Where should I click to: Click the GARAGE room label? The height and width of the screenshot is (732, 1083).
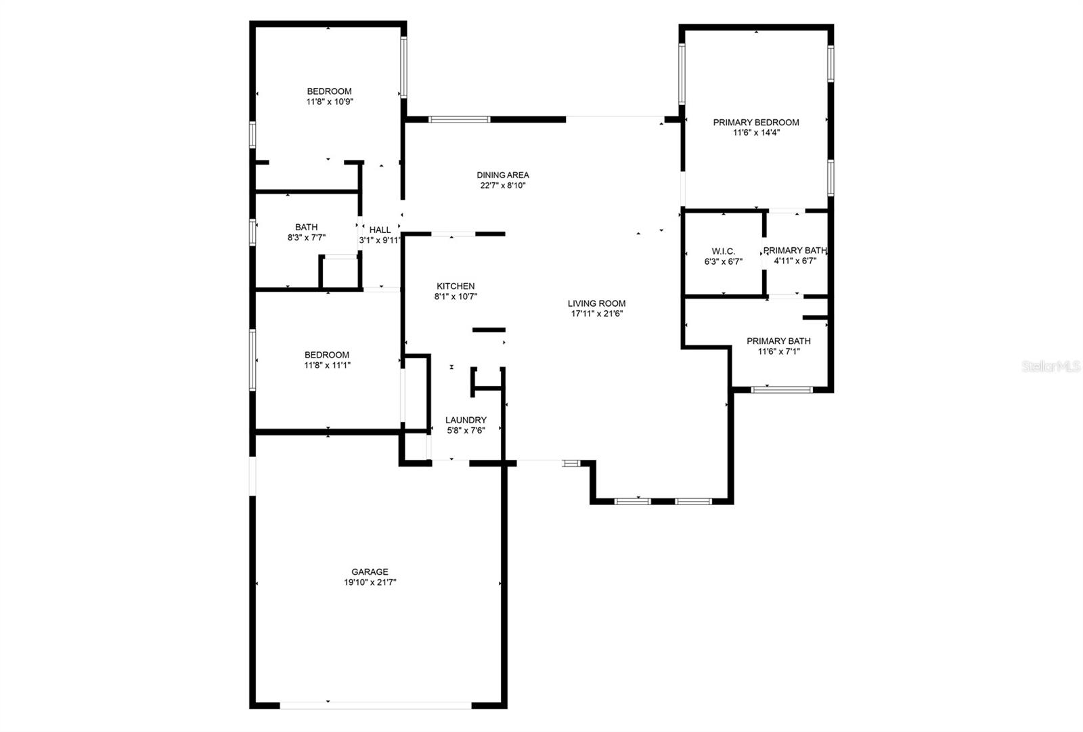pyautogui.click(x=370, y=572)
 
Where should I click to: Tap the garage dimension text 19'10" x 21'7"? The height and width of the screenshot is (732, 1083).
pyautogui.click(x=370, y=582)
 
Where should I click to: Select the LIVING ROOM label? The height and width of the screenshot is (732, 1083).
pyautogui.click(x=596, y=303)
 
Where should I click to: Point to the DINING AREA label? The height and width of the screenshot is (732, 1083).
pyautogui.click(x=502, y=175)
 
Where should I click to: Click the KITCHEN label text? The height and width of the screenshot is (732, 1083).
pyautogui.click(x=455, y=286)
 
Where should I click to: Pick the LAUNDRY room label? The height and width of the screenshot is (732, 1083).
pyautogui.click(x=466, y=420)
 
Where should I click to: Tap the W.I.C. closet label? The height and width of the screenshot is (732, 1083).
pyautogui.click(x=723, y=251)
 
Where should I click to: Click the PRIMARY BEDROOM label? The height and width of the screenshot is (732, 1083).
pyautogui.click(x=755, y=122)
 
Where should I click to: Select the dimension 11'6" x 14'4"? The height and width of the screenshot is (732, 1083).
pyautogui.click(x=755, y=133)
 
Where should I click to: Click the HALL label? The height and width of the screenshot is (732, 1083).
pyautogui.click(x=380, y=230)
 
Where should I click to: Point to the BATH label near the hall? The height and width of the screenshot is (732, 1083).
pyautogui.click(x=306, y=227)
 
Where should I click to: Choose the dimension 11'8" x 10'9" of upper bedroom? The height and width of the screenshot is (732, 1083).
pyautogui.click(x=330, y=102)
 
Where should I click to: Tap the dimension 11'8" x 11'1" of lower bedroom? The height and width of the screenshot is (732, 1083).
pyautogui.click(x=327, y=365)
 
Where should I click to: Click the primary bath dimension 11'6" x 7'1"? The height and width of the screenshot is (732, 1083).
pyautogui.click(x=778, y=351)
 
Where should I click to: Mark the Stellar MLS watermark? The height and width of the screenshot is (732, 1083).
pyautogui.click(x=1051, y=366)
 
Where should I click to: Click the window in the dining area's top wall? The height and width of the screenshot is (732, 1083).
pyautogui.click(x=459, y=119)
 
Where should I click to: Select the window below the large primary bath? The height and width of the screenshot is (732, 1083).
pyautogui.click(x=781, y=389)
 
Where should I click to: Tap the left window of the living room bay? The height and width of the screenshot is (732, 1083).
pyautogui.click(x=632, y=501)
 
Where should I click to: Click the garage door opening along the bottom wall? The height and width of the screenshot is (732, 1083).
pyautogui.click(x=376, y=705)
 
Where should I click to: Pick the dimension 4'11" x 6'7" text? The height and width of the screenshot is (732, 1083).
pyautogui.click(x=795, y=261)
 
